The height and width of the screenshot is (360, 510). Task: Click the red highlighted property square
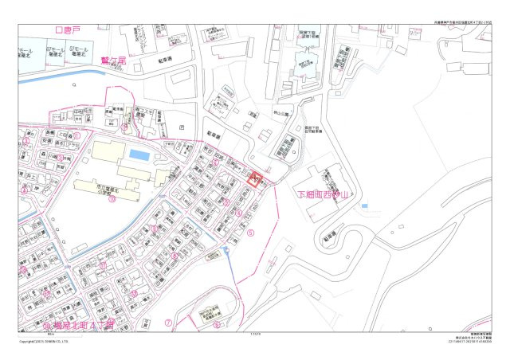pyautogui.click(x=255, y=179)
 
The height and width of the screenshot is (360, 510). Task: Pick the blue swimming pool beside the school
pyautogui.click(x=139, y=154)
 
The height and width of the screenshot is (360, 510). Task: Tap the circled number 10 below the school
pyautogui.click(x=112, y=200)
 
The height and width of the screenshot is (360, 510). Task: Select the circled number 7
pyautogui.click(x=168, y=323)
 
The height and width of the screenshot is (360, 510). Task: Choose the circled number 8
pyautogui.click(x=216, y=324)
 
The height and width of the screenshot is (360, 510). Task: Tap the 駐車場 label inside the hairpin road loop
pyautogui.click(x=328, y=236)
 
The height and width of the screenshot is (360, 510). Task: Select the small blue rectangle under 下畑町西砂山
pyautogui.click(x=363, y=206)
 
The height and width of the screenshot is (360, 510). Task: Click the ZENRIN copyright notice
pyautogui.click(x=43, y=342)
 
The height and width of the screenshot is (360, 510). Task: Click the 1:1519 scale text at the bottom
pyautogui.click(x=255, y=335)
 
